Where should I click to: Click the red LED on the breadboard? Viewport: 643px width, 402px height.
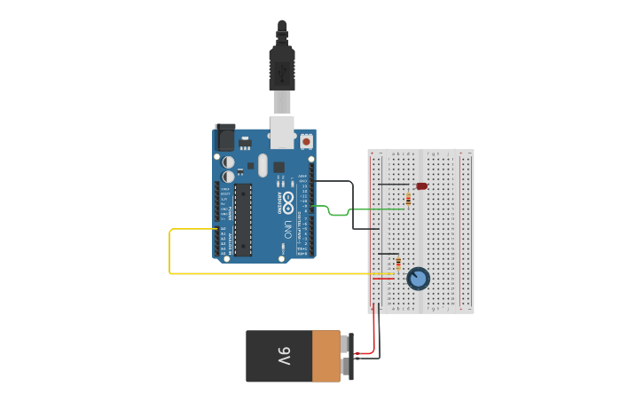(421, 186)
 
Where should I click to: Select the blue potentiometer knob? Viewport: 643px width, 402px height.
(418, 280)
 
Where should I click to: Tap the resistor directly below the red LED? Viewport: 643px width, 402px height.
(408, 200)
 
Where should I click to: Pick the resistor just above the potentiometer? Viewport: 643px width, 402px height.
(398, 264)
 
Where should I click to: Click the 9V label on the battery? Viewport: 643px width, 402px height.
(284, 356)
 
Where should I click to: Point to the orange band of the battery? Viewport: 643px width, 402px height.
(325, 356)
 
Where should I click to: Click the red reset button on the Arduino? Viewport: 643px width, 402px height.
(306, 141)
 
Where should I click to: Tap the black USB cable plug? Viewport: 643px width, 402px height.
(282, 67)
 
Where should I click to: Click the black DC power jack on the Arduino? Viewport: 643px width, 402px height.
(225, 137)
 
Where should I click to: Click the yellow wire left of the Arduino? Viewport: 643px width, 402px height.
(170, 253)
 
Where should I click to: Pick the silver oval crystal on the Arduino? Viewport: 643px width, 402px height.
(263, 164)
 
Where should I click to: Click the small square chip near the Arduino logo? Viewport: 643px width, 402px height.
(278, 167)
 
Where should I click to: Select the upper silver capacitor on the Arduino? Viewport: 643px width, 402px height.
(229, 162)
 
